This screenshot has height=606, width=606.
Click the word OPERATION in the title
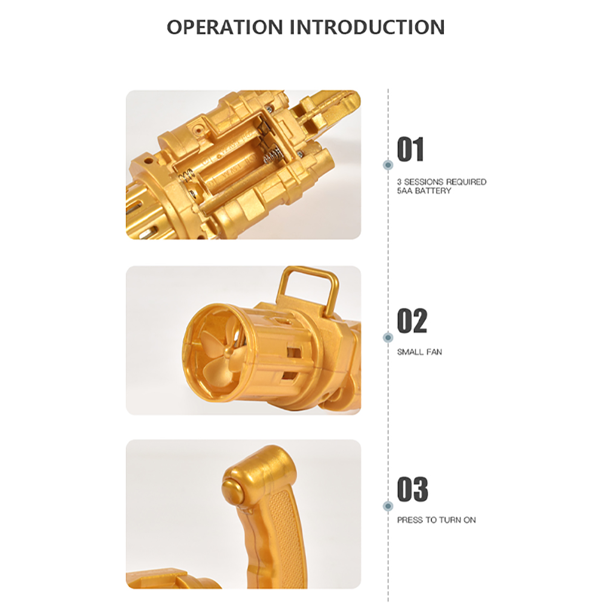[x=225, y=27]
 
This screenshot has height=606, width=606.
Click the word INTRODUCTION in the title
[x=367, y=27]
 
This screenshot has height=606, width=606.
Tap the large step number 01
[x=411, y=149]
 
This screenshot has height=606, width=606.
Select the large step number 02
[x=412, y=321]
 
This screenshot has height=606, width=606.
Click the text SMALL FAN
[x=419, y=352]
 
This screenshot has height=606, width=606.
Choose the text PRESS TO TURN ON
[x=436, y=520]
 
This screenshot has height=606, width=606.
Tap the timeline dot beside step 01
[x=388, y=165]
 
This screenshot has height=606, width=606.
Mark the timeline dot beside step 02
[x=388, y=337]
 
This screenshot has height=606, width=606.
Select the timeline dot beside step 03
[x=388, y=506]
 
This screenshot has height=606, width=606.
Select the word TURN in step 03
[x=449, y=520]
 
